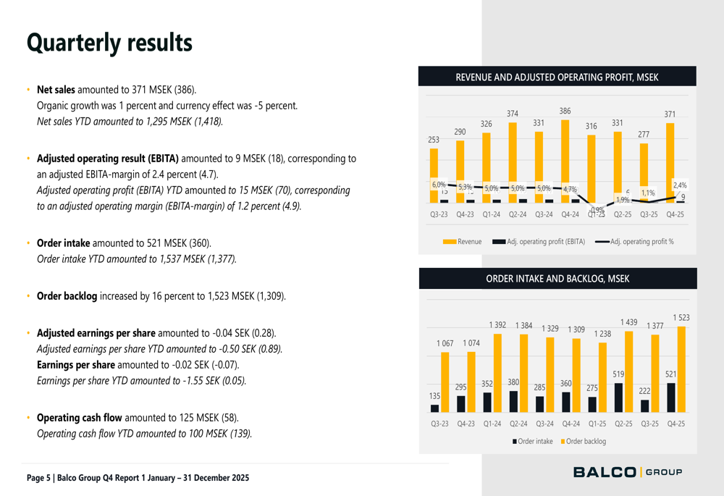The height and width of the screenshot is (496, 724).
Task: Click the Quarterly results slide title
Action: click(109, 43)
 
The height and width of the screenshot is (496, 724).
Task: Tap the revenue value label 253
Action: click(434, 140)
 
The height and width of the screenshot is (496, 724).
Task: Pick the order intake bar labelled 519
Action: click(618, 398)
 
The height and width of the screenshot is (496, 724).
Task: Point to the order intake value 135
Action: click(434, 397)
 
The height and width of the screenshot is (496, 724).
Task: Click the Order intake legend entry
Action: click(533, 441)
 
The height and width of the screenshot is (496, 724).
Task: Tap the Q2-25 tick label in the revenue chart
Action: click(623, 214)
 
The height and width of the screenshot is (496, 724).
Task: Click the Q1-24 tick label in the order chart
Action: click(492, 423)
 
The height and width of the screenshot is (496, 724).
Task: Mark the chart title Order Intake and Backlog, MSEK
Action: click(557, 279)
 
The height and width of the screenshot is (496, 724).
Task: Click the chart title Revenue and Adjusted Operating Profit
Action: click(557, 77)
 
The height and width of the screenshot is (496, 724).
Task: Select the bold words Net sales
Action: click(56, 91)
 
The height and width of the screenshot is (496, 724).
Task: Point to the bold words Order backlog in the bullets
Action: click(67, 296)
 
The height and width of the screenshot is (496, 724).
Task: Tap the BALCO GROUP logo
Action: click(627, 472)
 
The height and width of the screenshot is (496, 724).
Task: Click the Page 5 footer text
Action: click(138, 478)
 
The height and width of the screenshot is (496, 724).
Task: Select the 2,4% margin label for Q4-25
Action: click(680, 185)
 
